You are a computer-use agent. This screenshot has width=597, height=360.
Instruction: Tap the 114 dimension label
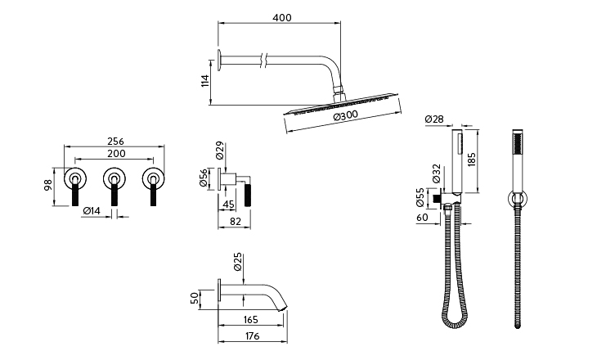(205, 79)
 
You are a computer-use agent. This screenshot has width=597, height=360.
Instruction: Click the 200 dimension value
(114, 154)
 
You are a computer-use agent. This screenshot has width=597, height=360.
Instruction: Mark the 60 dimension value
(422, 218)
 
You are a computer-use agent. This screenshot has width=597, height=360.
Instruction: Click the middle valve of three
(114, 177)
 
